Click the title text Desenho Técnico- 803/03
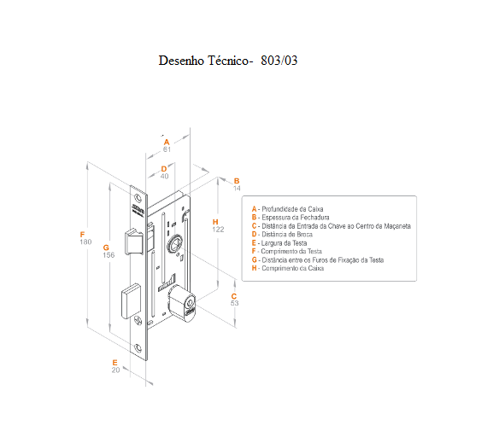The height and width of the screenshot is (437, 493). coord(228,61)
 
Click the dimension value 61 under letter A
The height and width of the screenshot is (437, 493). coord(167,149)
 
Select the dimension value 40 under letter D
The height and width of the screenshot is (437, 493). coord(164,176)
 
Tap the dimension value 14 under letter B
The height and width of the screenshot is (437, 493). coord(237,188)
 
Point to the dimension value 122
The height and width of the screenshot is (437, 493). coord(218,230)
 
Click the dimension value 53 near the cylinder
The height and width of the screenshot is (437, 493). coord(235,303)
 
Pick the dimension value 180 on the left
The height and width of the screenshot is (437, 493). coord(85,242)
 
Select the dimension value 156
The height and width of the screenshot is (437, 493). coord(109,255)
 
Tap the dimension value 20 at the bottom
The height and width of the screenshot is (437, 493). coord(115,370)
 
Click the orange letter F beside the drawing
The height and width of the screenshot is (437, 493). coord(82,235)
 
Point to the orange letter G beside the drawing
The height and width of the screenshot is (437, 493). coord(106,248)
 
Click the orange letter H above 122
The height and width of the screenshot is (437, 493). coord(215,222)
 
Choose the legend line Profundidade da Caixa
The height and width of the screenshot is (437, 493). coord(287,209)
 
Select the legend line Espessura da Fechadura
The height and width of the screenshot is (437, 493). coord(291,218)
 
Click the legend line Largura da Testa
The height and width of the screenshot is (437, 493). coord(279,243)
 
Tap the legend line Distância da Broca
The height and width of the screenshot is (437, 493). coord(282,235)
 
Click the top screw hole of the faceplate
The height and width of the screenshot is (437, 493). coord(138,198)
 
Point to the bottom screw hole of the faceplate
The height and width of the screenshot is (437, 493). coord(138,347)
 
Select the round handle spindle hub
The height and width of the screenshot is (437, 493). coord(173,244)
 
